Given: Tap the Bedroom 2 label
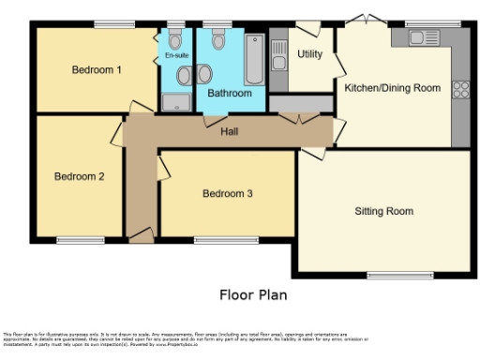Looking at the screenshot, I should (x=79, y=176).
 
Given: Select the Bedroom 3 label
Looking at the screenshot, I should (x=228, y=194).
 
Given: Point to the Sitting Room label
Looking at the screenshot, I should (x=383, y=211).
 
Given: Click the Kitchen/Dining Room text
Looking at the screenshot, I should (x=392, y=88).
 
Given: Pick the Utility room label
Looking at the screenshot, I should (x=310, y=54).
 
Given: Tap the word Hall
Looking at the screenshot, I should (x=230, y=132).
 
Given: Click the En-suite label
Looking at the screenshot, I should (x=175, y=55).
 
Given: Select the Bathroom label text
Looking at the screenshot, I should (x=230, y=94).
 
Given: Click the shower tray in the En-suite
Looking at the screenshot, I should (x=175, y=101).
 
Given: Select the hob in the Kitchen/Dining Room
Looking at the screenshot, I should (x=460, y=90).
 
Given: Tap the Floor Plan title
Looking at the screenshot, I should (x=253, y=294).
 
